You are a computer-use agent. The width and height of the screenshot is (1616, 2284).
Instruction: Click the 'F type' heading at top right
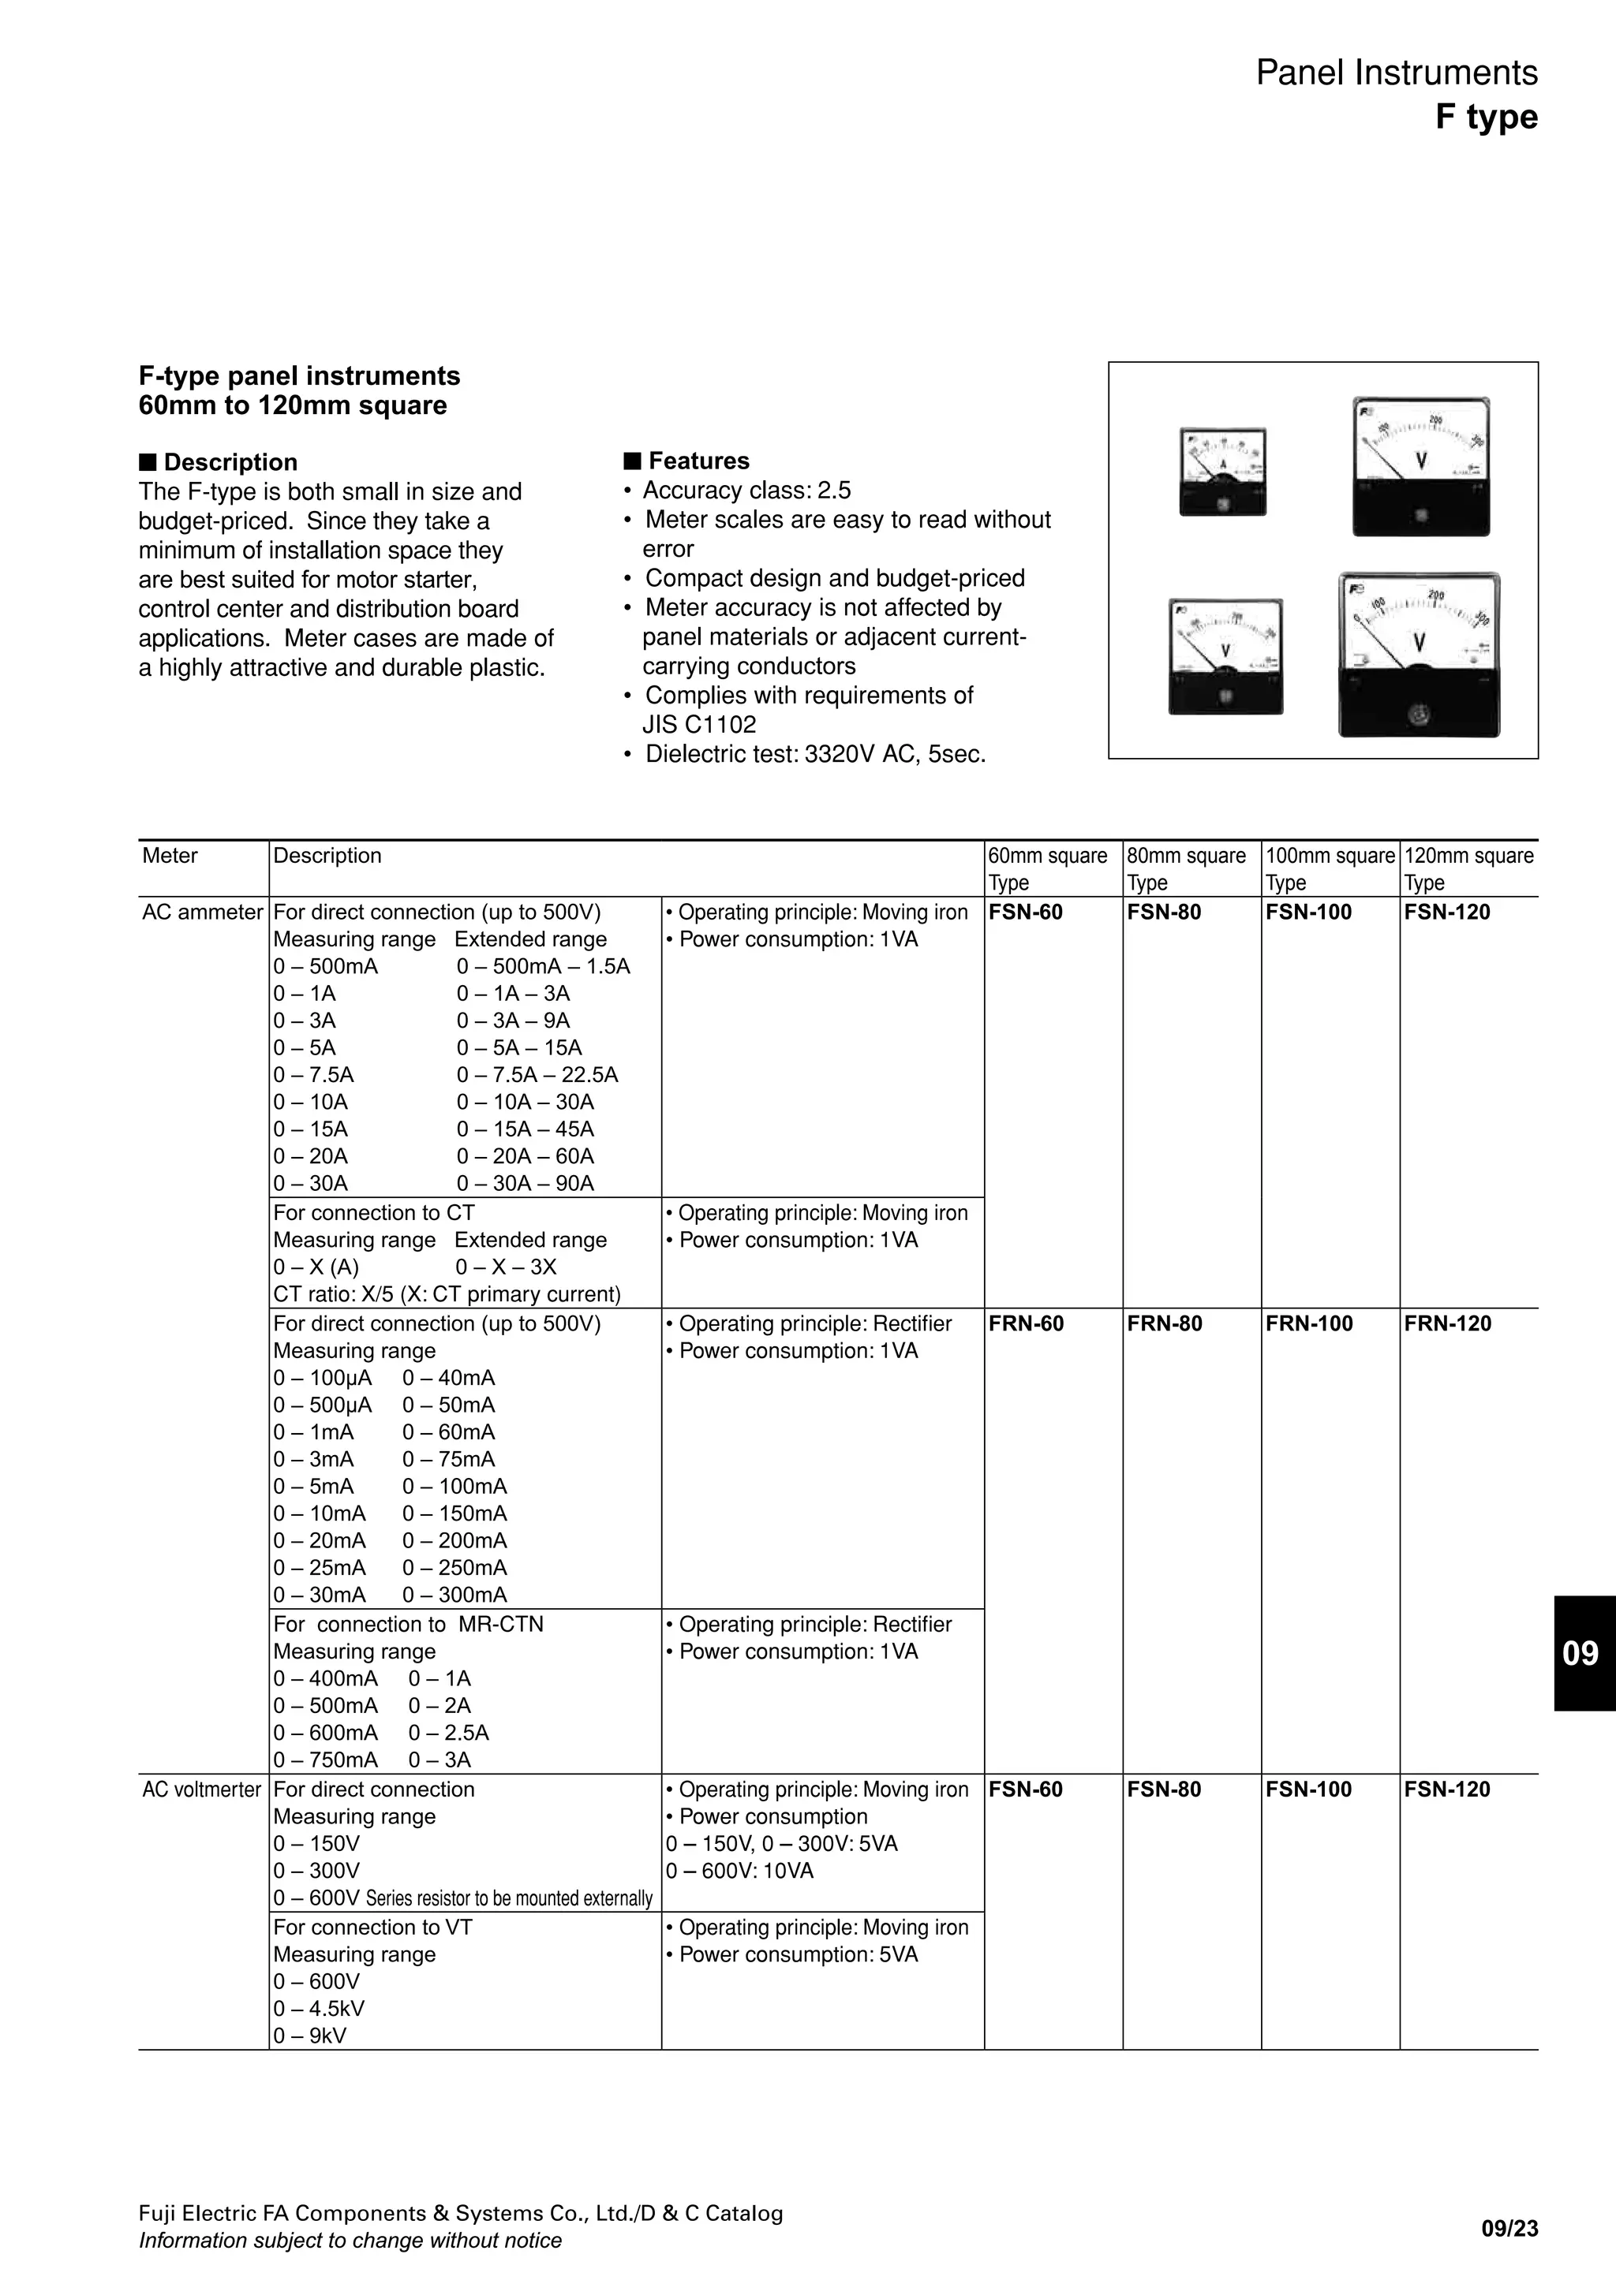pos(1486,118)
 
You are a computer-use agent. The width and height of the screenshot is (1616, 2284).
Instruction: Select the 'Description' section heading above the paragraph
pos(229,463)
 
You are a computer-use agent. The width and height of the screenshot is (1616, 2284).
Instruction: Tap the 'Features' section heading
pos(698,461)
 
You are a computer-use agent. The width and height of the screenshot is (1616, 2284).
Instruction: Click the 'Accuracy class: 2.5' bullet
pos(746,491)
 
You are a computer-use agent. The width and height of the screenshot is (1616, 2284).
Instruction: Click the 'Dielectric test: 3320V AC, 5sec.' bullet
pos(814,754)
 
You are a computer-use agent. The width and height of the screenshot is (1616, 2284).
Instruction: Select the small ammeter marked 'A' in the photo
pos(1223,472)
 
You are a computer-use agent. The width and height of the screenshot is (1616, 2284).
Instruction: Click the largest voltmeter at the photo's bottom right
pos(1419,655)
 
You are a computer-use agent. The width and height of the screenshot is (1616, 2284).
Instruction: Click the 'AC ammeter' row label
pos(202,912)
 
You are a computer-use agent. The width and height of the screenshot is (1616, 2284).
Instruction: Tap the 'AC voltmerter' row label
pos(202,1790)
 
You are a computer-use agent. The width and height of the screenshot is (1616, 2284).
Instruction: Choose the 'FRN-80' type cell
pos(1164,1324)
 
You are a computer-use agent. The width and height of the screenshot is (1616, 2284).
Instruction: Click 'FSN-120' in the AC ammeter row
pos(1447,912)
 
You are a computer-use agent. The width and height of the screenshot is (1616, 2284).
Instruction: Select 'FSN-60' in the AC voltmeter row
pos(1026,1790)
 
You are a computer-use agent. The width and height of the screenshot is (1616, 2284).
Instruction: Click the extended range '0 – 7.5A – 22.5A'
pos(537,1075)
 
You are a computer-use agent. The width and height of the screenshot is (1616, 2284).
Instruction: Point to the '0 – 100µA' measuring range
pos(323,1379)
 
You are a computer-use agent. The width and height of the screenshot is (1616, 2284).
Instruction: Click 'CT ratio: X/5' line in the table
pos(447,1294)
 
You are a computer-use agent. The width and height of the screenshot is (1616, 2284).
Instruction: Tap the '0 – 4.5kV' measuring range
pos(319,2009)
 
